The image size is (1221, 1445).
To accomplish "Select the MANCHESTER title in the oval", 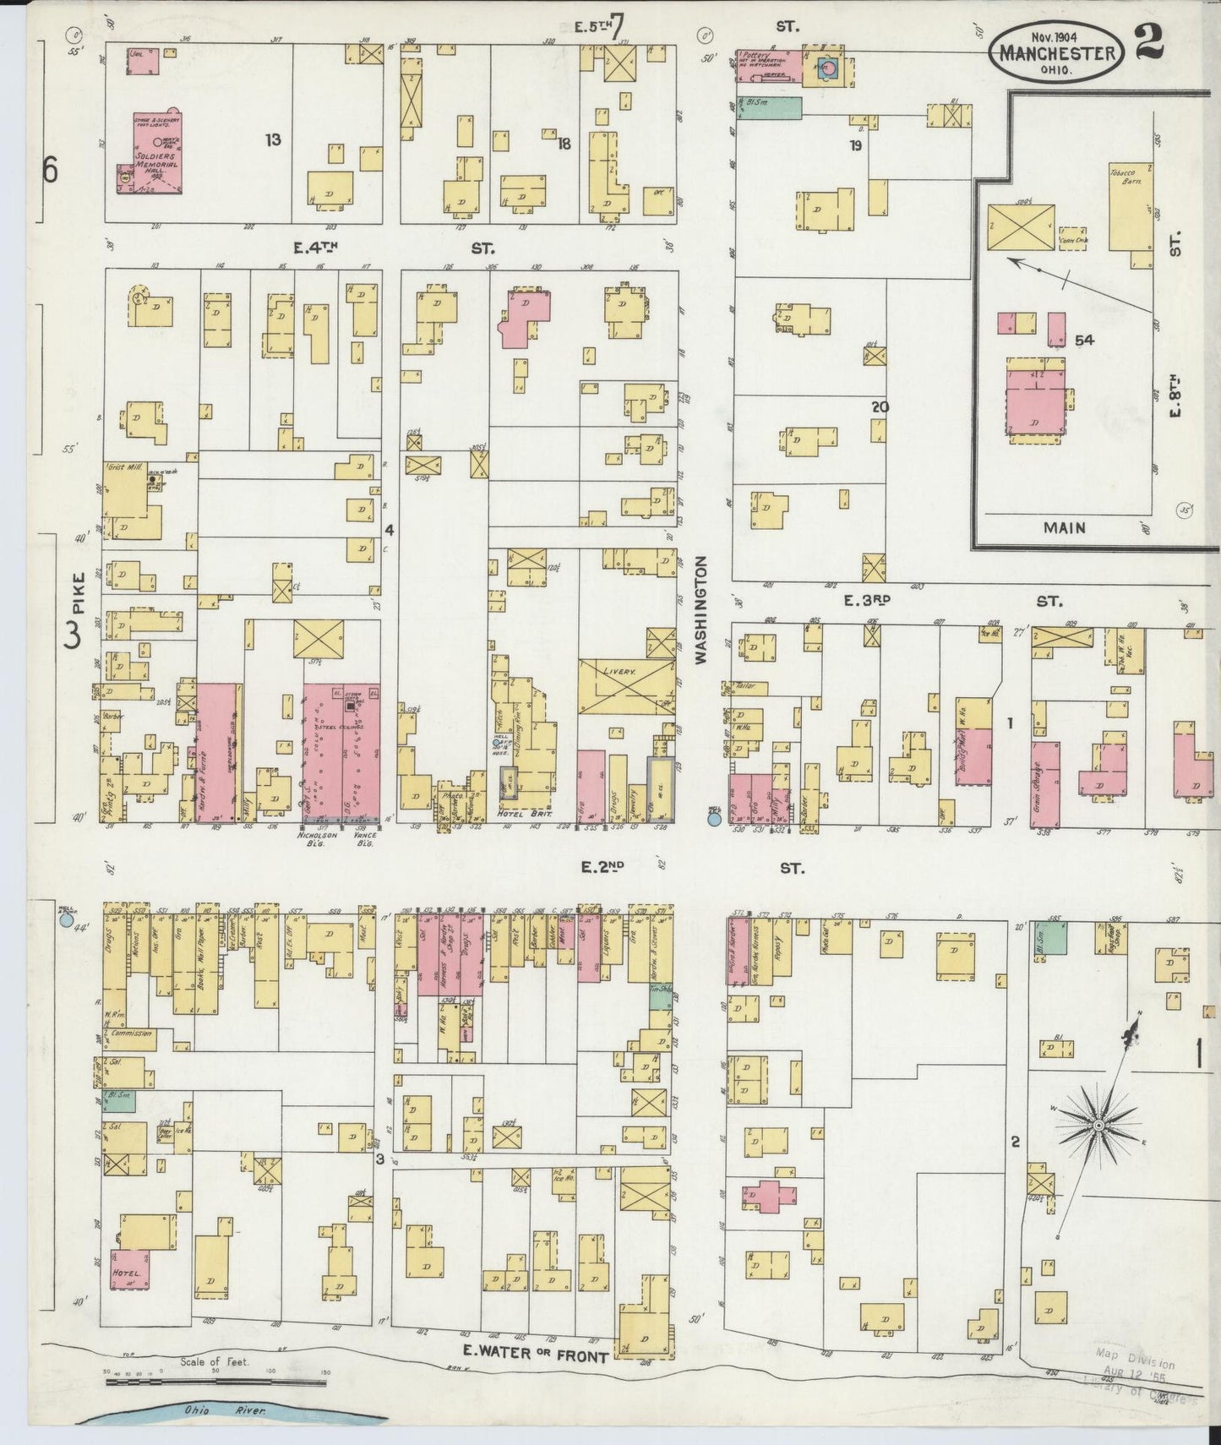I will point(1060,52).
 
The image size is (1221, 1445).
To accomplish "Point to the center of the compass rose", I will point(1098,1125).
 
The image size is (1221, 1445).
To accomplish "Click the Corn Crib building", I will point(1072,237).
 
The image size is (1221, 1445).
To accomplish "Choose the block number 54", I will point(1084,340).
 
